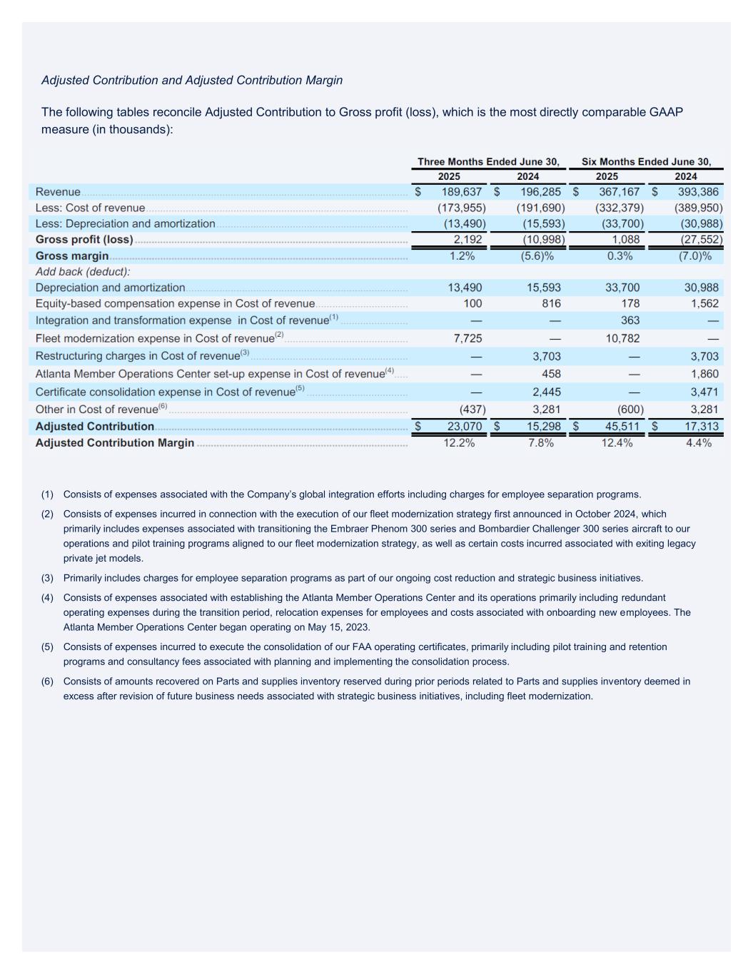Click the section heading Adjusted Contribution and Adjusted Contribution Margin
click(x=192, y=80)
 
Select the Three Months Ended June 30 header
click(x=488, y=162)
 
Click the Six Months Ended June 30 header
click(x=646, y=162)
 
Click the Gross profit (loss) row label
click(x=84, y=240)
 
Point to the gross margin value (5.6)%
click(x=537, y=256)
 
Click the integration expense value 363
click(x=630, y=320)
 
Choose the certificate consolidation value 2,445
click(x=546, y=392)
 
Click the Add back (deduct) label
click(x=83, y=272)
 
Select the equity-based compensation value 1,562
click(x=704, y=304)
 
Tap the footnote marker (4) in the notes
click(x=47, y=598)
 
